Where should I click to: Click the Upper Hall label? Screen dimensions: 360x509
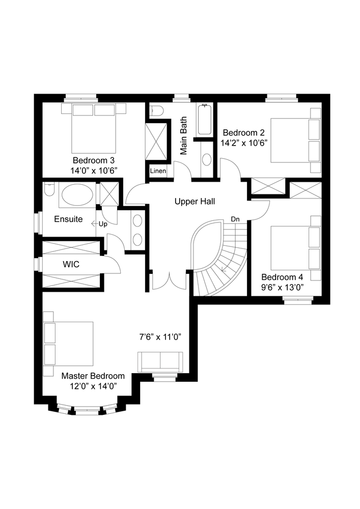[x=195, y=202]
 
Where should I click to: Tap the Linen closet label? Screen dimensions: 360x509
[x=158, y=171]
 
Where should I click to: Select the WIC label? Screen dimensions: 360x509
[x=71, y=264]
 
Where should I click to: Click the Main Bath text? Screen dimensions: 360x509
[x=184, y=136]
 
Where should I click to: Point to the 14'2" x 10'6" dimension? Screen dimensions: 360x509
[x=244, y=143]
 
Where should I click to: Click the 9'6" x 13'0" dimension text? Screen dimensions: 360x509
[x=283, y=288]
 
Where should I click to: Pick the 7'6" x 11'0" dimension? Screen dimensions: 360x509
[x=160, y=337]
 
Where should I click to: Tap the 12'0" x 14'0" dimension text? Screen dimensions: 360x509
[x=93, y=386]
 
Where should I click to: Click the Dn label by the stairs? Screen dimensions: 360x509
[x=235, y=219]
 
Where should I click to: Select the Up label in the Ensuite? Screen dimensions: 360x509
[x=103, y=224]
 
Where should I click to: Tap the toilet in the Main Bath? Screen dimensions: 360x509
[x=154, y=111]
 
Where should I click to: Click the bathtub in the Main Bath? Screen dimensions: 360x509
[x=205, y=120]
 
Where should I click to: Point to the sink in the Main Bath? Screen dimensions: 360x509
[x=207, y=159]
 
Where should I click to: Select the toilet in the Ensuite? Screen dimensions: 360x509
[x=48, y=190]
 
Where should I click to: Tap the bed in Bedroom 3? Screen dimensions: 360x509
[x=94, y=129]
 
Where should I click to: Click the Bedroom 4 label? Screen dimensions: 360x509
[x=282, y=277]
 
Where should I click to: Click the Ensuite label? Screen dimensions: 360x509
[x=69, y=219]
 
